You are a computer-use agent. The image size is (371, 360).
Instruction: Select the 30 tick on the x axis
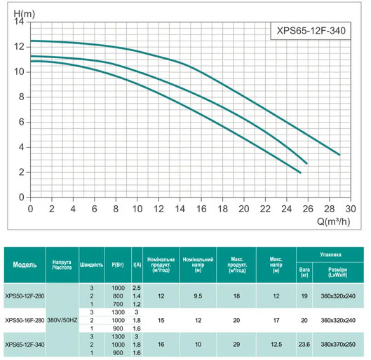(351, 209)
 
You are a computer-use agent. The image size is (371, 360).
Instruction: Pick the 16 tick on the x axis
(201, 209)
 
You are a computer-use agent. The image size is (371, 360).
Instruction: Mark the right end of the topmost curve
(339, 155)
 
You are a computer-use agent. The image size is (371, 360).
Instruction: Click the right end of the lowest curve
(300, 172)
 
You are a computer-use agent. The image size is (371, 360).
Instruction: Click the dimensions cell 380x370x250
(340, 344)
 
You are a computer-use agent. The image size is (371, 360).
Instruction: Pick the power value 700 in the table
(117, 305)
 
